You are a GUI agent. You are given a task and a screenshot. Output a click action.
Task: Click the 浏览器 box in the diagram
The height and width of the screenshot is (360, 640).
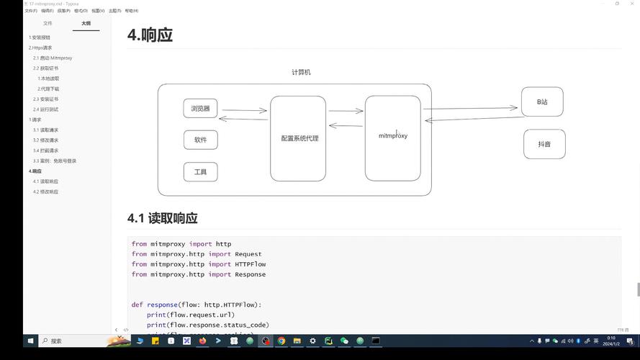(200, 109)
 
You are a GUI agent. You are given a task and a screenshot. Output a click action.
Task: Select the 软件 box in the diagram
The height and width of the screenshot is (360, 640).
(200, 140)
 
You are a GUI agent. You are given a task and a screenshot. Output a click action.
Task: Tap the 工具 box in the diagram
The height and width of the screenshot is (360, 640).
(200, 172)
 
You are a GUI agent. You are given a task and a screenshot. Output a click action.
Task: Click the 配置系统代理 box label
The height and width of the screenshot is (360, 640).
(299, 138)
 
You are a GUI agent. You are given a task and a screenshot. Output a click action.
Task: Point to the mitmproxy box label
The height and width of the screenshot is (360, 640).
(392, 136)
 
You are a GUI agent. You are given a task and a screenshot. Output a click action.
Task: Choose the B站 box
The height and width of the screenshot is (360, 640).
(542, 102)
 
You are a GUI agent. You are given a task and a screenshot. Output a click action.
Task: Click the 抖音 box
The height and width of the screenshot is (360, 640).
(544, 144)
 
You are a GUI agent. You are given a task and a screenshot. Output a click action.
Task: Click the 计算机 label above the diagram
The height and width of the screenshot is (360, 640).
(301, 73)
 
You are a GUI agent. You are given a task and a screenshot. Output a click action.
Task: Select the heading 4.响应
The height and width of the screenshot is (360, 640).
(150, 35)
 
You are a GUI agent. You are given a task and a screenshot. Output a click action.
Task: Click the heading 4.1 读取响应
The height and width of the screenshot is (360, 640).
(162, 218)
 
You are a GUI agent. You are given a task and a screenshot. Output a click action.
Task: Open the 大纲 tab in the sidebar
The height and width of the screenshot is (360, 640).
(86, 23)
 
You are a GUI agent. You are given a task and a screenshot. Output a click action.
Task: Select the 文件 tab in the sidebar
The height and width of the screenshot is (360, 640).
(48, 23)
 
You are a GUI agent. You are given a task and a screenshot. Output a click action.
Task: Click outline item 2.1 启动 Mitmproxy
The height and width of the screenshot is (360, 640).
(53, 58)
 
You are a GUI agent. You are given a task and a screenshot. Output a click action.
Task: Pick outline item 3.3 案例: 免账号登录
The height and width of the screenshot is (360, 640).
(54, 161)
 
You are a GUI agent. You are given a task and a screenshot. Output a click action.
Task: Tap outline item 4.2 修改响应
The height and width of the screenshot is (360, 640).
(45, 192)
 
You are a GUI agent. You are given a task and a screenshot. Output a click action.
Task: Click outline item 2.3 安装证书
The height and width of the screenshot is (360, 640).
(45, 99)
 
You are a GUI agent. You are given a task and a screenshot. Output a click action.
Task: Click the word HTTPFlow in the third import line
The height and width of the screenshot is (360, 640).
(250, 264)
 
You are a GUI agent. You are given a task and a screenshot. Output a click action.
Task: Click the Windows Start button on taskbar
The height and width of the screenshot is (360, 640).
(30, 341)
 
